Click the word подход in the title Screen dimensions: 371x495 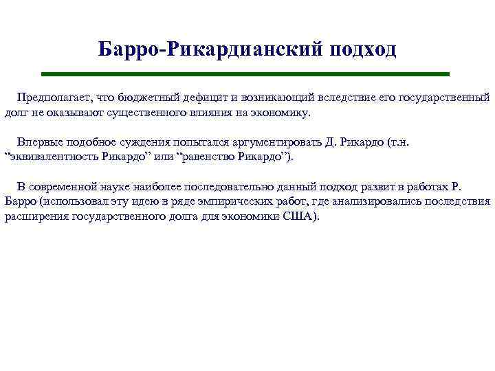362,49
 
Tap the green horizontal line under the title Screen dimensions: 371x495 245,74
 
